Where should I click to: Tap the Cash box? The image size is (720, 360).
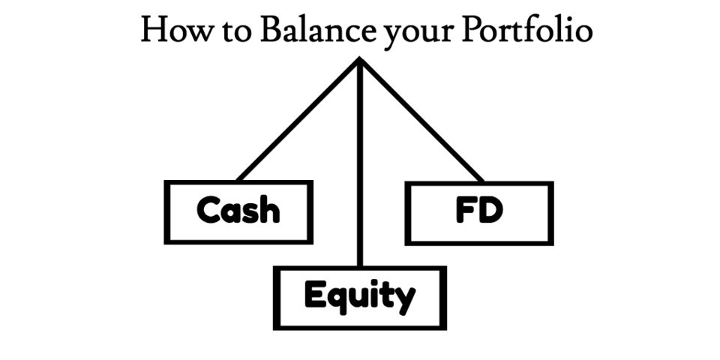click(x=238, y=211)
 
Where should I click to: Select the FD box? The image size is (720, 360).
click(x=479, y=213)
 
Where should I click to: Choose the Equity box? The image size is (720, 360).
click(x=360, y=298)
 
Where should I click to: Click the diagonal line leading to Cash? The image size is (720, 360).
click(x=298, y=120)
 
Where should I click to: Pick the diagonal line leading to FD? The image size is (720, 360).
click(x=421, y=120)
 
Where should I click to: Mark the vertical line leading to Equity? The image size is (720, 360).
click(x=360, y=165)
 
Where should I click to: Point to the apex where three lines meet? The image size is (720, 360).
click(x=360, y=60)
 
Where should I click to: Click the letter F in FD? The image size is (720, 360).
click(x=465, y=211)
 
